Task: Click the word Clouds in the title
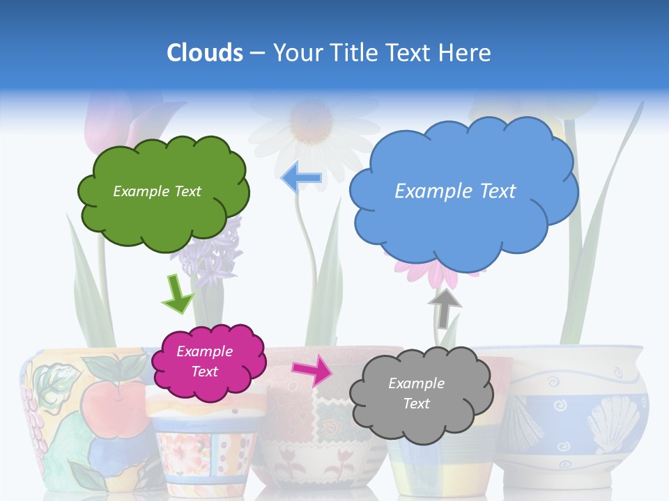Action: tap(205, 53)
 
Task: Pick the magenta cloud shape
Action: tap(208, 361)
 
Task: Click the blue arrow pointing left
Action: tap(302, 177)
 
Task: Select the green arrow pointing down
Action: tap(177, 293)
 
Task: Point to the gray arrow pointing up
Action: tap(445, 307)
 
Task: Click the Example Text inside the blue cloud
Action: tap(455, 191)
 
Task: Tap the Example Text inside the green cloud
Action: tap(157, 191)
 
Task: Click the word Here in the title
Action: tap(467, 53)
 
